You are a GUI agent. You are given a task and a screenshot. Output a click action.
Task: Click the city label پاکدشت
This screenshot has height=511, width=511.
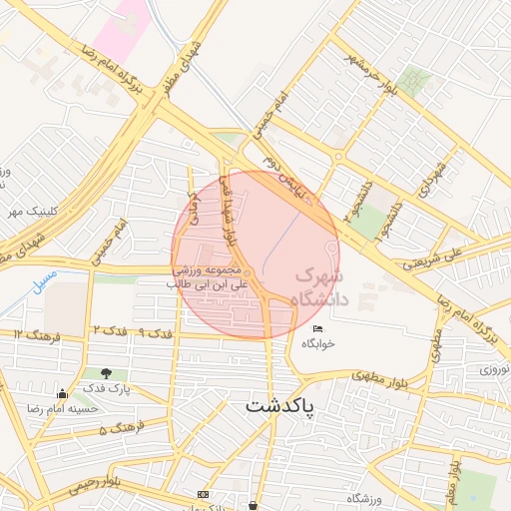[x=279, y=406]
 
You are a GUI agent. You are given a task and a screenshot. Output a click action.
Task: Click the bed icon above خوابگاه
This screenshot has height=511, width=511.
[x=317, y=328]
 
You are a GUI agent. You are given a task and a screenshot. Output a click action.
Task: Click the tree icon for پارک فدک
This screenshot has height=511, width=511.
[x=106, y=373]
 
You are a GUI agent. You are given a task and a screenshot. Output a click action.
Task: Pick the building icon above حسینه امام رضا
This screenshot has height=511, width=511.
[x=63, y=393]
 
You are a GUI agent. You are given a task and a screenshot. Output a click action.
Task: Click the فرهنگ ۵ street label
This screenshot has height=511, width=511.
[x=116, y=429]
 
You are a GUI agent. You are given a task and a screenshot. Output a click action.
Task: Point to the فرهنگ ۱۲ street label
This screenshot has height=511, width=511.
[x=38, y=335]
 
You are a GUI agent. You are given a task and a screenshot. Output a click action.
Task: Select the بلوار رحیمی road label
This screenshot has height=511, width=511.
[x=94, y=486]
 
